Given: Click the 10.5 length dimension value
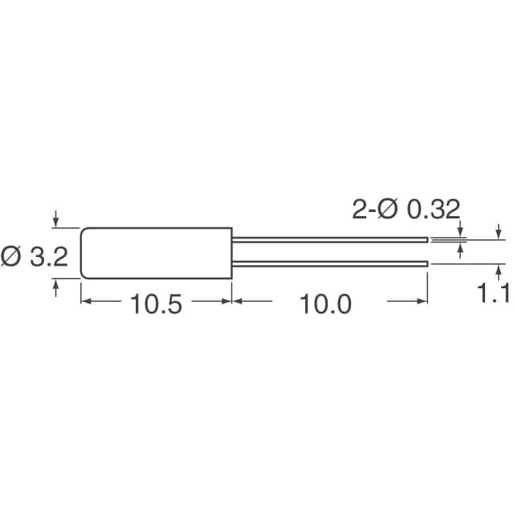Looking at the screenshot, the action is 156,304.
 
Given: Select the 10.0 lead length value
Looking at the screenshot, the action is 325,304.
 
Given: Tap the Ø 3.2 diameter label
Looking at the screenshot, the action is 34,256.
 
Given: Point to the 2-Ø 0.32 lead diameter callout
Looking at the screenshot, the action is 406,209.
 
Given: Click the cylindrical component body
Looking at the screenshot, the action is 157,253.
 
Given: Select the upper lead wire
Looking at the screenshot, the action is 330,240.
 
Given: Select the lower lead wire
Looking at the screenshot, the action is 330,264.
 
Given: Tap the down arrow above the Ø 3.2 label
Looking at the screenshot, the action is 55,218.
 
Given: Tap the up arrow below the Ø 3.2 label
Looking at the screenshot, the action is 55,288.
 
